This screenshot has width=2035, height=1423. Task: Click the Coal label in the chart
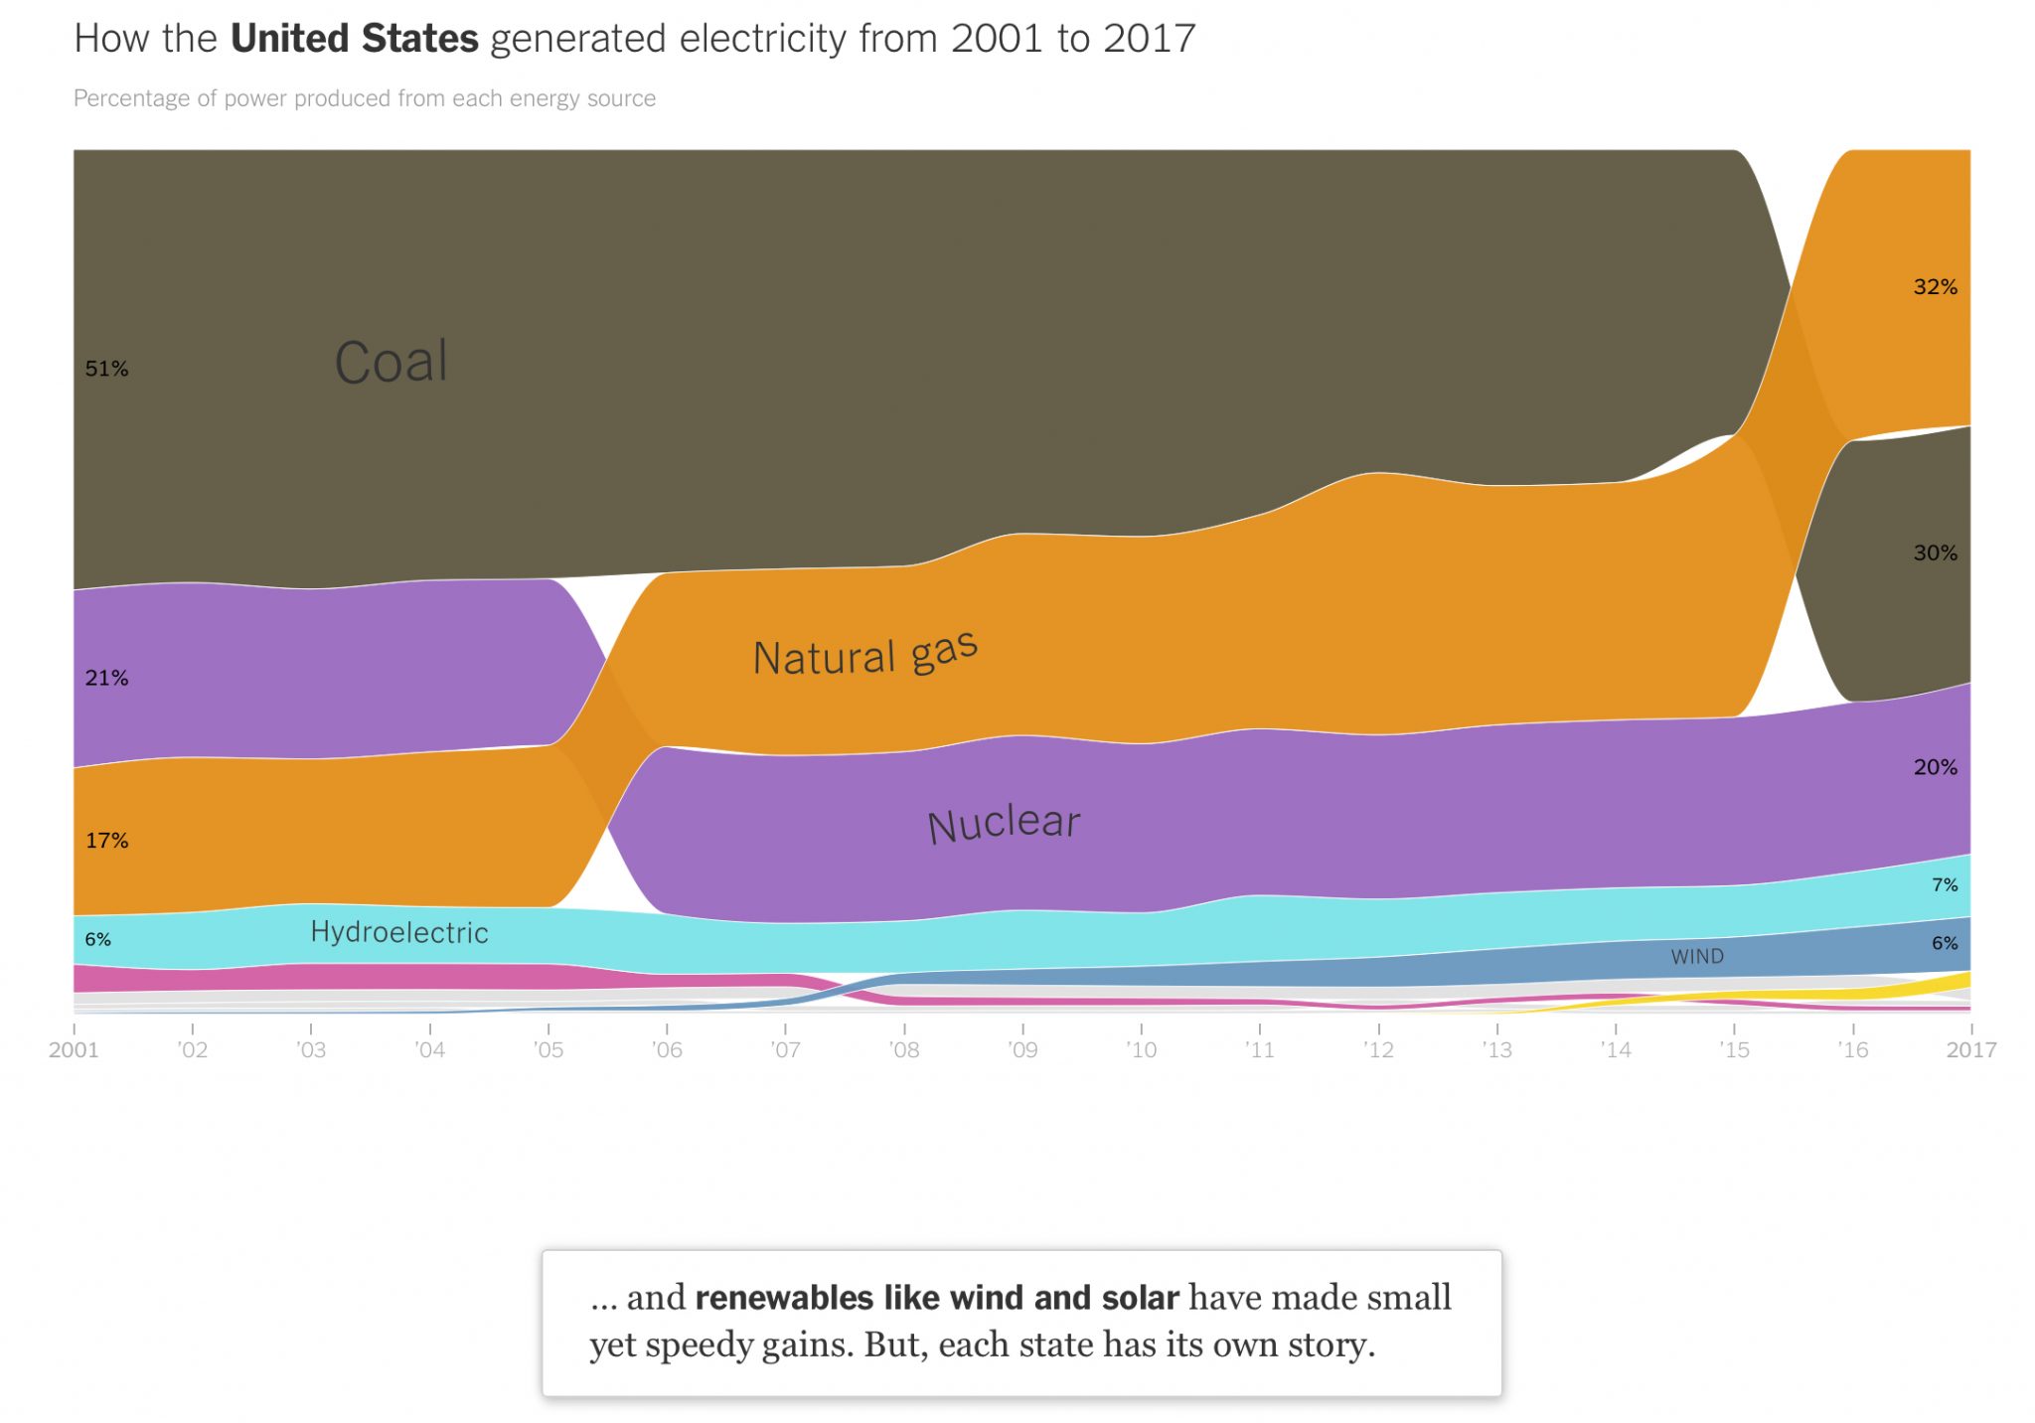[x=391, y=362]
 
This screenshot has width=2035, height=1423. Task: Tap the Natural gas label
[x=864, y=654]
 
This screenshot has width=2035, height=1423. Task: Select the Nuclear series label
[x=1003, y=824]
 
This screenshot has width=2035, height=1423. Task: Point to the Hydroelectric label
[x=399, y=932]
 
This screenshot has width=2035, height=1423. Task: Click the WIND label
[x=1696, y=956]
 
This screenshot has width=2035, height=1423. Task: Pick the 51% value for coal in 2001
[x=106, y=369]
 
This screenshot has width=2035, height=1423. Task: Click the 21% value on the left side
[x=106, y=678]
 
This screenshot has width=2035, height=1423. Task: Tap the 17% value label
[x=106, y=841]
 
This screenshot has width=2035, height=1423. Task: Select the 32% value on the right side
[x=1935, y=287]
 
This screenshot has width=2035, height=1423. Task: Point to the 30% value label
[x=1935, y=553]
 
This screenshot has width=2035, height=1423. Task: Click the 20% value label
[x=1935, y=767]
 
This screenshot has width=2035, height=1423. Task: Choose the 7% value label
[x=1944, y=884]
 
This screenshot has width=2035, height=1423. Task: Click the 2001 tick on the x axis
[x=74, y=1049]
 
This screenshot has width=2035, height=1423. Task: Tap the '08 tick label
[x=904, y=1049]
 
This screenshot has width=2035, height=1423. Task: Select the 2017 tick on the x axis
[x=1970, y=1049]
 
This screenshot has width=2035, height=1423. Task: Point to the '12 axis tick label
[x=1378, y=1049]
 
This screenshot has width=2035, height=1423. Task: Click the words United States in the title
[x=354, y=39]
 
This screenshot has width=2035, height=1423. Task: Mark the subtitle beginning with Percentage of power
[x=365, y=98]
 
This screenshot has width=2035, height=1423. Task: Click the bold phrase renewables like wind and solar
[x=937, y=1298]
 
